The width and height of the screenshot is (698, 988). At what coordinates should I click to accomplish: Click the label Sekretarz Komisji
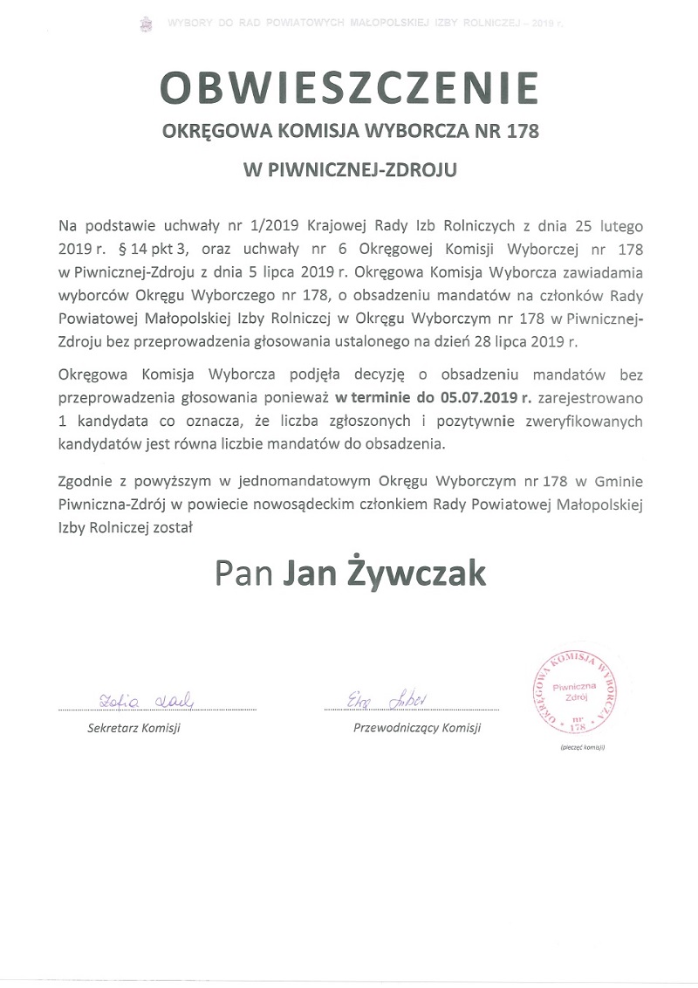coord(133,728)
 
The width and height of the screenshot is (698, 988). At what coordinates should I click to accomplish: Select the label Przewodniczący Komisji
coord(416,728)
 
